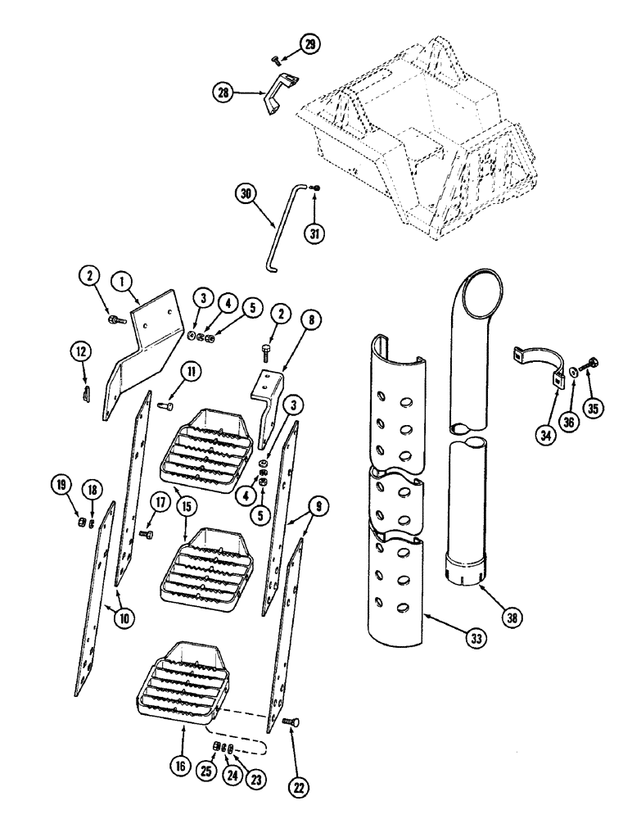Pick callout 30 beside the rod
tap(246, 194)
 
